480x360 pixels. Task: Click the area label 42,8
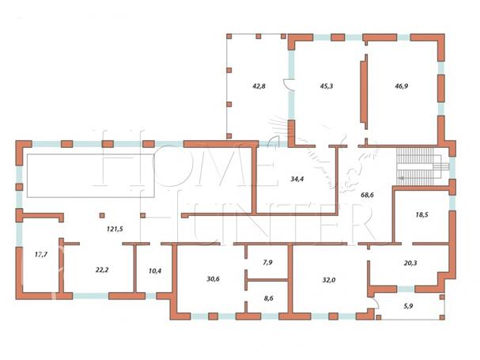pos(259,86)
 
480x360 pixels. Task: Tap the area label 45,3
pos(327,86)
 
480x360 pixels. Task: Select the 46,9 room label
pos(401,86)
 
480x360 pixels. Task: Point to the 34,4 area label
pos(297,179)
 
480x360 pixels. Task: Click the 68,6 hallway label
pos(367,195)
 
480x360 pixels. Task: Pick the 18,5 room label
pos(421,214)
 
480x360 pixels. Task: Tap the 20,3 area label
pos(410,263)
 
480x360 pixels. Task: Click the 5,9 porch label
pos(408,305)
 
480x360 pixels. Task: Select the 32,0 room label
pos(329,280)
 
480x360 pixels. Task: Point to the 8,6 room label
pos(268,298)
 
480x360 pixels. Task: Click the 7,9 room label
pos(267,262)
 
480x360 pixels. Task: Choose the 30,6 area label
pos(213,279)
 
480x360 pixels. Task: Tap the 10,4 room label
pos(155,271)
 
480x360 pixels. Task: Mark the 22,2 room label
pos(102,270)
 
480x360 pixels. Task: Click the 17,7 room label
pos(41,254)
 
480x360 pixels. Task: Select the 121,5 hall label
pos(115,229)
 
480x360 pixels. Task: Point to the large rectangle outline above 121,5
pos(90,154)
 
